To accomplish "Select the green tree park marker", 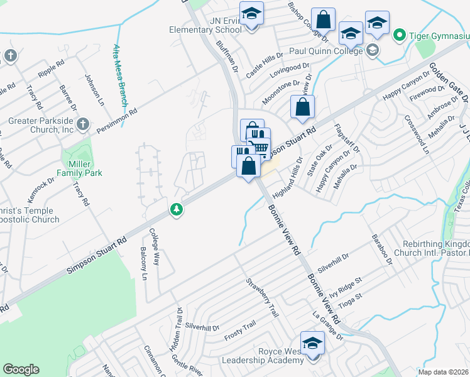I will pos(177,210).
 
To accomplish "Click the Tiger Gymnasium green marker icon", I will pos(398,36).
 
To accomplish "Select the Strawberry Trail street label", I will pos(261,298).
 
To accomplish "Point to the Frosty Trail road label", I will pos(240,331).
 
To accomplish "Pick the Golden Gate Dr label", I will pos(449,81).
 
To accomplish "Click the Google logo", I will pos(21,369).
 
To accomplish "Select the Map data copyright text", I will pos(444,371).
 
